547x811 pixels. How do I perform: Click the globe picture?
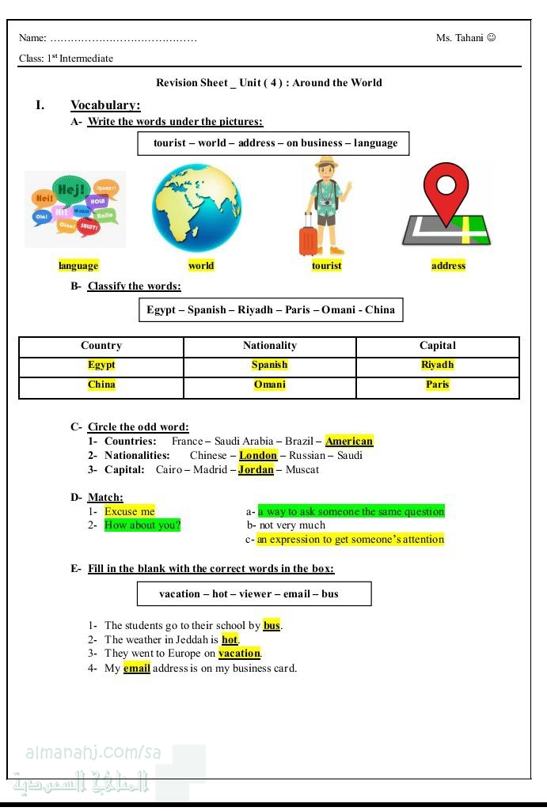(x=197, y=208)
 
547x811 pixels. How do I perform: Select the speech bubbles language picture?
(x=75, y=209)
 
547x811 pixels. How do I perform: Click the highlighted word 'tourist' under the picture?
(x=326, y=266)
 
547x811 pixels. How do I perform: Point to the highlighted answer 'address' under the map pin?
(x=448, y=266)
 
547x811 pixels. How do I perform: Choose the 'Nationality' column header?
(x=269, y=346)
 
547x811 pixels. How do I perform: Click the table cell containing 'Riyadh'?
(x=438, y=365)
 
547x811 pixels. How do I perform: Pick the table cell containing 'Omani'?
(x=269, y=385)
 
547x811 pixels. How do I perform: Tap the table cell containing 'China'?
(x=101, y=385)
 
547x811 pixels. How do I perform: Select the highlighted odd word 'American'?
(x=349, y=442)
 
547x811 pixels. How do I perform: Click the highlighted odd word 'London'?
(x=258, y=456)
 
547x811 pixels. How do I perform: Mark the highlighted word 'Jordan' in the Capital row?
(x=256, y=470)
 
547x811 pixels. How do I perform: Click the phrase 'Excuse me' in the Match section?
(x=130, y=511)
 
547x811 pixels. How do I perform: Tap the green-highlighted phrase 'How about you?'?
(x=142, y=525)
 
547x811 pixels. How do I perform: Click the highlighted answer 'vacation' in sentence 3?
(x=239, y=654)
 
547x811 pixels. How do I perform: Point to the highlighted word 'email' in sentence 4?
(x=137, y=669)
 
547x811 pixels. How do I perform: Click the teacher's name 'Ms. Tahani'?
(x=460, y=38)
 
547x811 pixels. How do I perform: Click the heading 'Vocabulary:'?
(x=105, y=105)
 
